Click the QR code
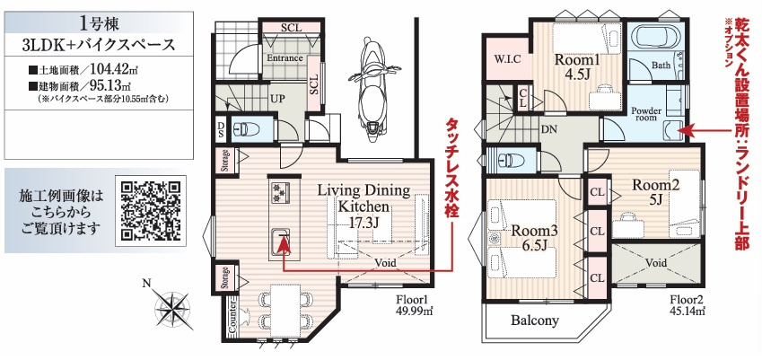150,214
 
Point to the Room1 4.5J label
577,68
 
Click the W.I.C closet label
507,60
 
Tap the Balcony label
535,320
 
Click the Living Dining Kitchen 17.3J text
363,206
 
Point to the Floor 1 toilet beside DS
248,129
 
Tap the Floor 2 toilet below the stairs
507,160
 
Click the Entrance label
285,58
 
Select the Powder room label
646,114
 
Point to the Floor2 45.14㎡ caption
688,304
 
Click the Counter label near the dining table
232,318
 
